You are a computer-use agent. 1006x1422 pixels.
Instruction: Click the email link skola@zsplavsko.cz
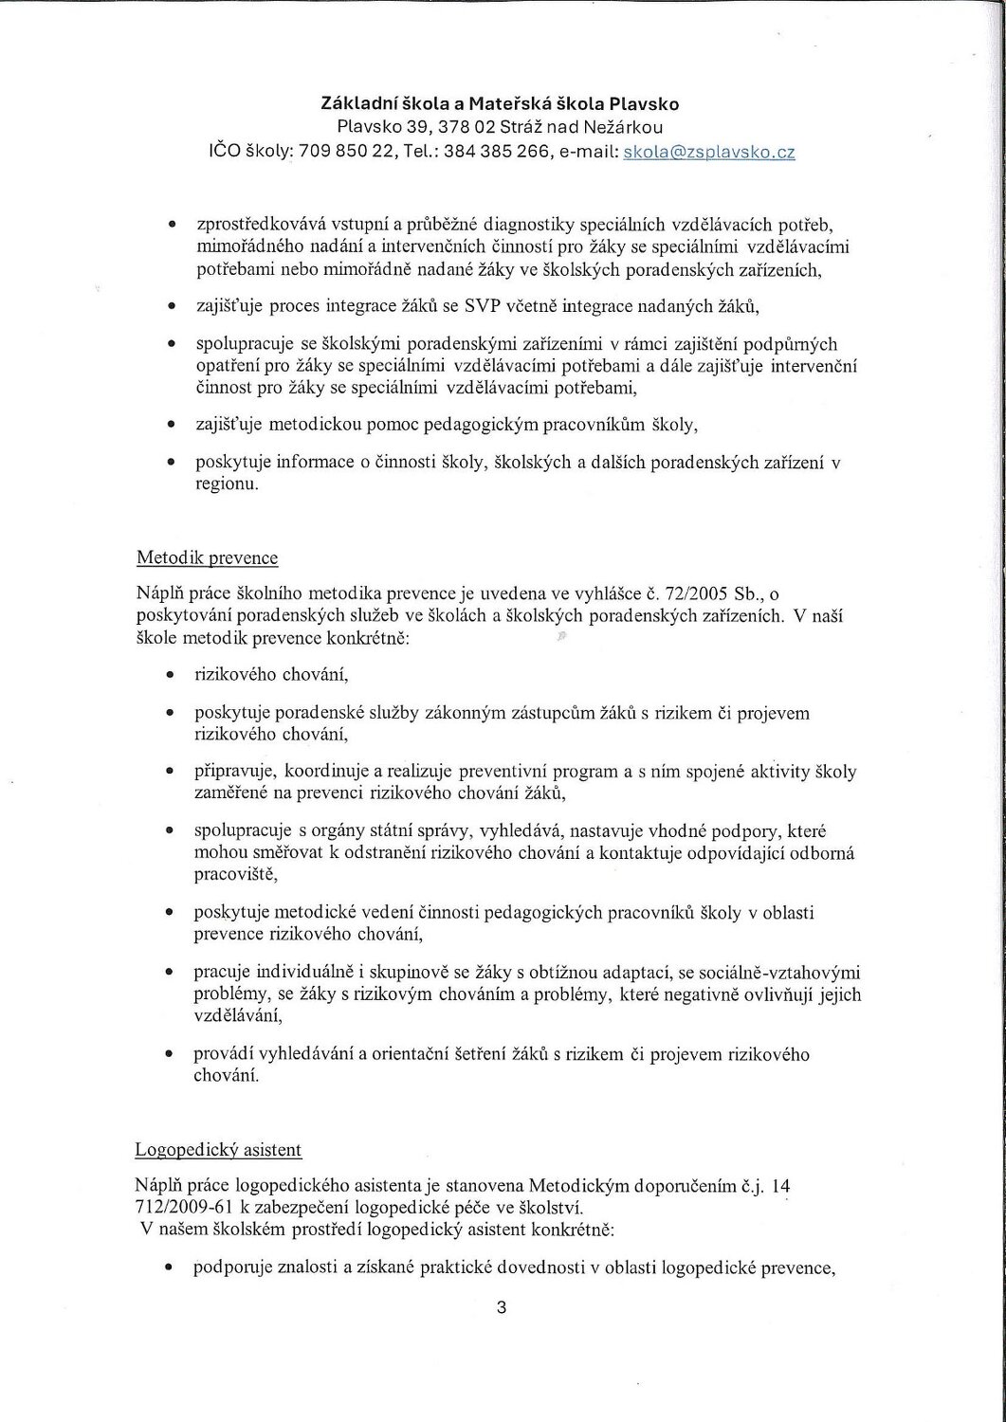pyautogui.click(x=708, y=152)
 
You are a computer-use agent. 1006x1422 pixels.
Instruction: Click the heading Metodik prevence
pyautogui.click(x=208, y=557)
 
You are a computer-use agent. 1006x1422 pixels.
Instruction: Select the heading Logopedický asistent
pyautogui.click(x=219, y=1150)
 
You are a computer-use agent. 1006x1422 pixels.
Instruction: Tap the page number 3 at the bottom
pyautogui.click(x=502, y=1309)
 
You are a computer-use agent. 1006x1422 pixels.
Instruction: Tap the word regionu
pyautogui.click(x=225, y=483)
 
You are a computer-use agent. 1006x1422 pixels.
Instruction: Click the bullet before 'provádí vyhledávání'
pyautogui.click(x=169, y=1054)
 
